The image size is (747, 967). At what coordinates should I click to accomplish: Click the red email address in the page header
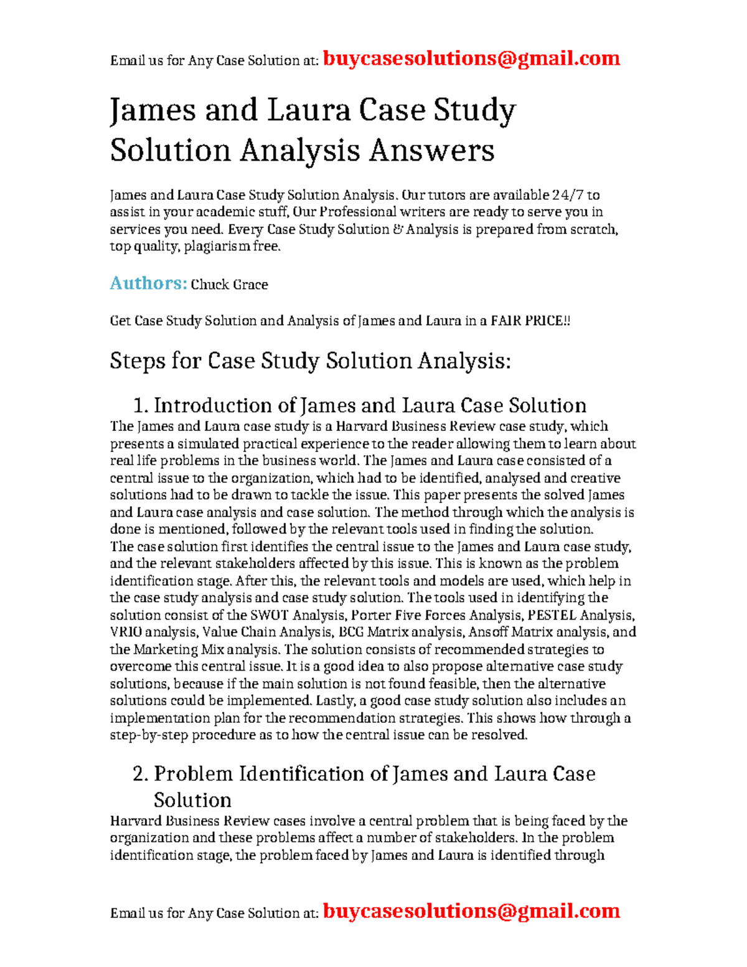[x=471, y=59]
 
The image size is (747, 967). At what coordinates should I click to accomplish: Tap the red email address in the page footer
[x=471, y=911]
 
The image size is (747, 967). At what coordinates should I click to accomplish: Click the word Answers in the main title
[x=431, y=151]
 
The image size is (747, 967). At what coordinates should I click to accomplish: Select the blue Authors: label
[x=148, y=283]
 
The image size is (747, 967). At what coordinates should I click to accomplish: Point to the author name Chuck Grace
[x=229, y=285]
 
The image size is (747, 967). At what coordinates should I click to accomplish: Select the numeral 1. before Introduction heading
[x=141, y=406]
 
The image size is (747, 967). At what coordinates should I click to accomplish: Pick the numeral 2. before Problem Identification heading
[x=141, y=774]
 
